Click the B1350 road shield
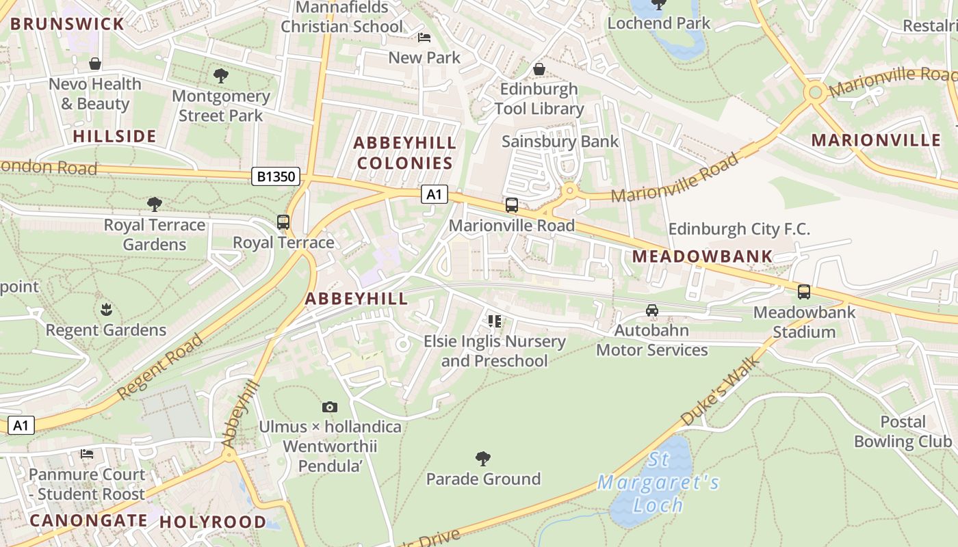pos(276,176)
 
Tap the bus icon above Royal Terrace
pos(283,222)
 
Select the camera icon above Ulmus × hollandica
pos(330,408)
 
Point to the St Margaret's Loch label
pos(658,483)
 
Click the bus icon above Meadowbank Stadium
pos(804,292)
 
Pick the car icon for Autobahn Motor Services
pos(652,310)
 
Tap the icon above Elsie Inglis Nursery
pos(495,321)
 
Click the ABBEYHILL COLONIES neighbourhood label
pos(404,153)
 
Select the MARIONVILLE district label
pos(876,140)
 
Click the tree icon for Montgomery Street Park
pos(220,76)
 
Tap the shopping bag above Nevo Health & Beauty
pos(95,64)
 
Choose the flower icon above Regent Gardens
pos(106,310)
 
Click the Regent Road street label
pos(160,367)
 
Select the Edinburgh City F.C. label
pos(739,229)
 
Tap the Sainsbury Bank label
pos(560,142)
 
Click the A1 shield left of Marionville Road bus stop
pos(434,195)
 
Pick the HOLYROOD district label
pos(213,522)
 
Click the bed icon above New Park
pos(424,38)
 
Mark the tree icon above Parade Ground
pos(483,458)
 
